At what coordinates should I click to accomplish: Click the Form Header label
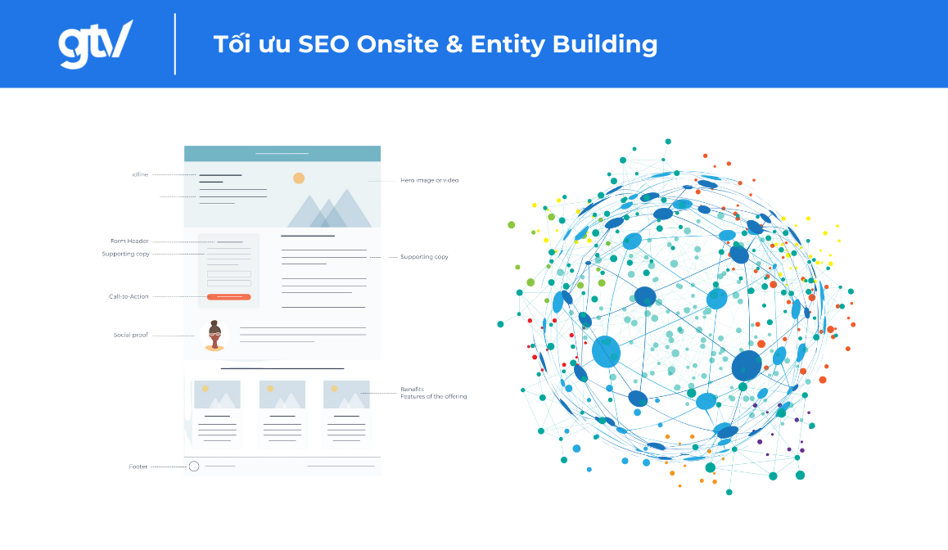(x=129, y=241)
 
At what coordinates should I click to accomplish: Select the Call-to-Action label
(x=129, y=296)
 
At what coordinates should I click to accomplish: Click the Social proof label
(x=130, y=335)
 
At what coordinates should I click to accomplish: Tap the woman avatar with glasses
(x=214, y=336)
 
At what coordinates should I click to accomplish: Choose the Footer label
(x=138, y=467)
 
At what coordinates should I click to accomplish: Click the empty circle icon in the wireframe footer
(x=194, y=467)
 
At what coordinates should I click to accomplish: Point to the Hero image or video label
(x=429, y=180)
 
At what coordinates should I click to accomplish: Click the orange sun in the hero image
(x=299, y=178)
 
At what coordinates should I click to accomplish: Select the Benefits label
(x=412, y=389)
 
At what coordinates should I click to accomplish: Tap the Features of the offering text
(x=433, y=397)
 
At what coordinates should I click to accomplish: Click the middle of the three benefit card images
(x=282, y=394)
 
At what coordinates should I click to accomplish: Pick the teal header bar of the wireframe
(x=282, y=153)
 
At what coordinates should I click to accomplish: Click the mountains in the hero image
(x=327, y=210)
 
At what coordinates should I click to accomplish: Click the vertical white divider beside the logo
(x=175, y=44)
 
